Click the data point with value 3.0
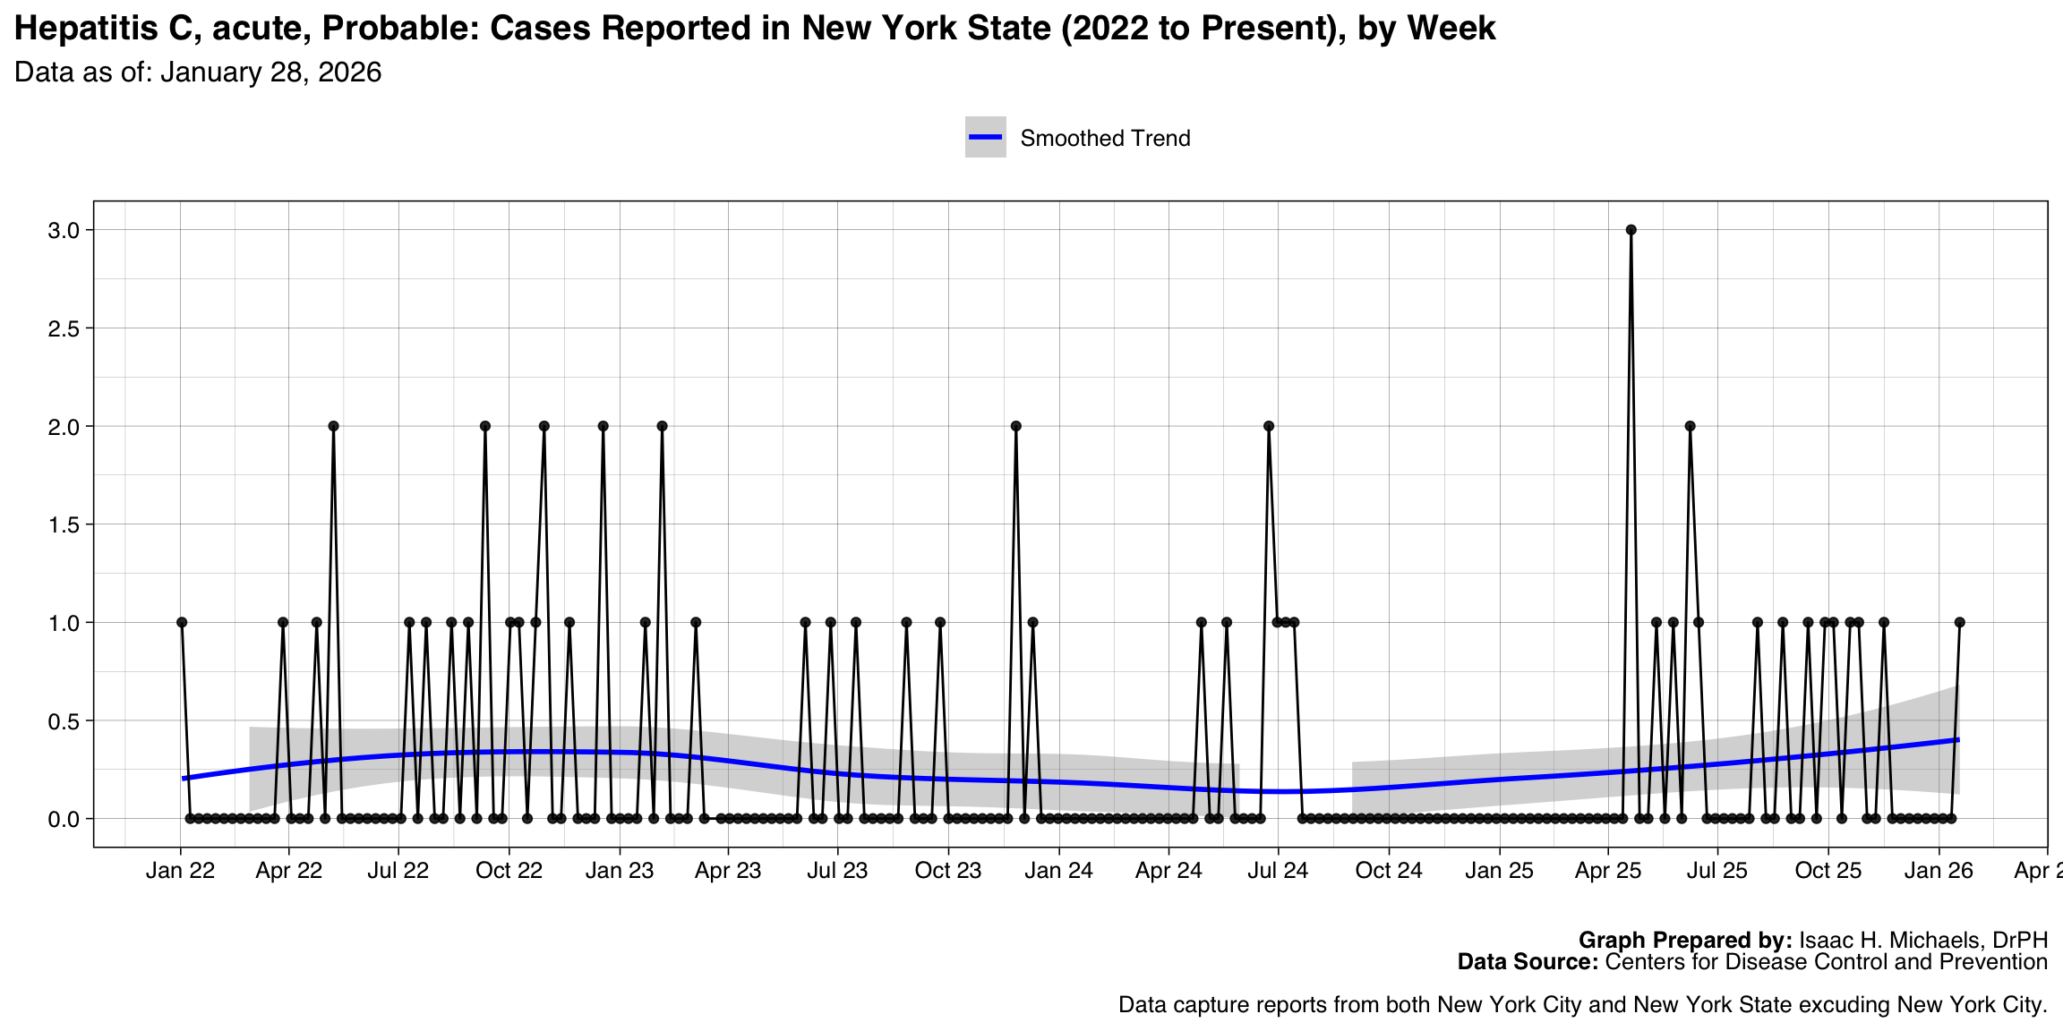1631,230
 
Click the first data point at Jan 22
182,622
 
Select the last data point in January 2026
1959,622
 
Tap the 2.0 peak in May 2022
333,426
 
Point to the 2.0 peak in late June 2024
1268,426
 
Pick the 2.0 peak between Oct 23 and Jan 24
1015,426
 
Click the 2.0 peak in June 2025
1690,426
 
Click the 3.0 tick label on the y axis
64,231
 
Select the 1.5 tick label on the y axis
64,525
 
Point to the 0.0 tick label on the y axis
64,820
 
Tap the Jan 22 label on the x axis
180,871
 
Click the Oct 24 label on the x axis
1388,871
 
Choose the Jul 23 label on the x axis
837,871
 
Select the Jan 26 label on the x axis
1939,871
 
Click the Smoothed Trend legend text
1105,139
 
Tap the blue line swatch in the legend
985,137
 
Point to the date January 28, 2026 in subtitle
270,72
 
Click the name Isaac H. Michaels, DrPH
1923,941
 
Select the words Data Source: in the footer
1527,962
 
